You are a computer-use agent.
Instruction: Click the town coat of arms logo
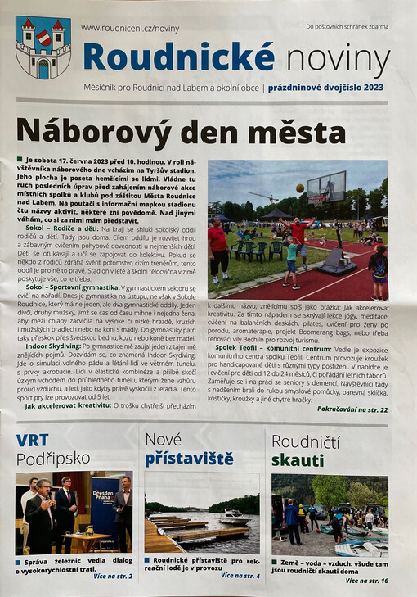(x=43, y=47)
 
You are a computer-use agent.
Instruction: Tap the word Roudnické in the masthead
(x=178, y=56)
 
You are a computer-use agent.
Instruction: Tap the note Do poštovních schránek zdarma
(x=347, y=27)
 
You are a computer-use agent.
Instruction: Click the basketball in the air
(x=299, y=188)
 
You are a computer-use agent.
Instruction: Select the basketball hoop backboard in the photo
(x=326, y=188)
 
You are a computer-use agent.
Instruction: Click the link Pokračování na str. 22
(x=352, y=408)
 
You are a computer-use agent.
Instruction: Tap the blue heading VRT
(x=32, y=441)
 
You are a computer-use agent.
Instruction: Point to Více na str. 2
(x=112, y=577)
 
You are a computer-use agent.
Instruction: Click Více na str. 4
(x=240, y=576)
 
